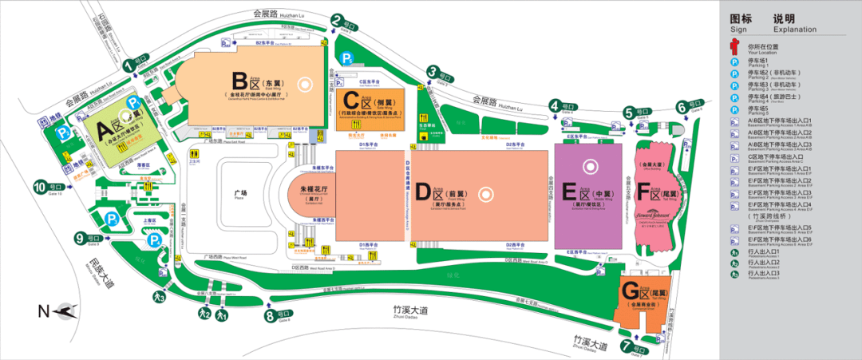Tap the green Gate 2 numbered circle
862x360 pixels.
point(337,22)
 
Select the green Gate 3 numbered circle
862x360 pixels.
point(432,71)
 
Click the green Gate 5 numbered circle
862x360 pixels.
point(629,113)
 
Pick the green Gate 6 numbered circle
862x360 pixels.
point(682,106)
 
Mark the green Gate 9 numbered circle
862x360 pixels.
point(79,237)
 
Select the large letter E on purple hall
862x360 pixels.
point(570,192)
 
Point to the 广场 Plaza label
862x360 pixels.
point(240,192)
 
